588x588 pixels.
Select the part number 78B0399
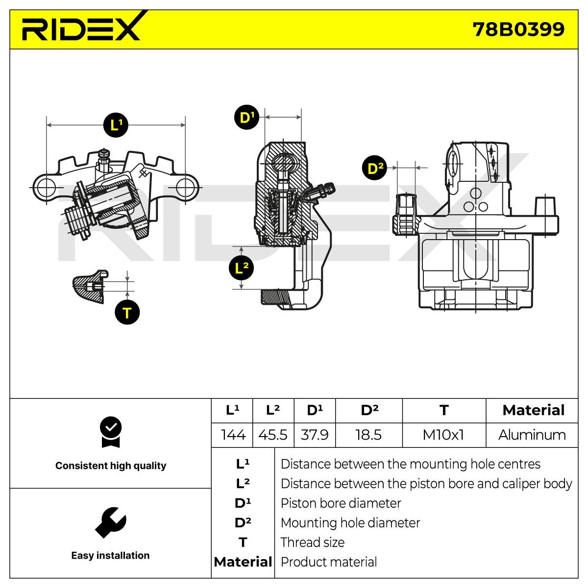(x=518, y=29)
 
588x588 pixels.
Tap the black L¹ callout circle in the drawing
(x=116, y=125)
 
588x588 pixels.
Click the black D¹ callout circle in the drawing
(x=246, y=117)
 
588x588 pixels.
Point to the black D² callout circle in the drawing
(x=374, y=168)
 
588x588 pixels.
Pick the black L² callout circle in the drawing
(x=242, y=268)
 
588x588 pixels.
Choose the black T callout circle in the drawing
(x=127, y=312)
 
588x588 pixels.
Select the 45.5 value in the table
(x=273, y=435)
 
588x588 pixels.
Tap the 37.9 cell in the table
(x=315, y=435)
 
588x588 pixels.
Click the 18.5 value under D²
(x=368, y=435)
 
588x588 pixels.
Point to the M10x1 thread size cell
(x=443, y=435)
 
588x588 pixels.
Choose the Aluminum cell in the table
(x=532, y=435)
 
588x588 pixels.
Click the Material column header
(x=534, y=410)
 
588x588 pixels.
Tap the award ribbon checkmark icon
(x=111, y=432)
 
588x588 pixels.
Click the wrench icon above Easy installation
(x=110, y=523)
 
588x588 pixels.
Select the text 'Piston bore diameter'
(x=341, y=503)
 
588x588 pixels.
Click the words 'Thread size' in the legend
(x=313, y=542)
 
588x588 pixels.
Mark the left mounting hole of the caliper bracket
(x=47, y=187)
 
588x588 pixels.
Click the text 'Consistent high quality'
(x=111, y=465)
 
